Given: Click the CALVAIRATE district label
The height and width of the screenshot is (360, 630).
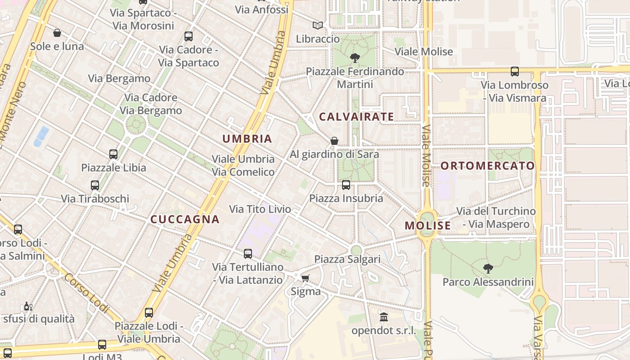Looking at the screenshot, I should coord(356,117).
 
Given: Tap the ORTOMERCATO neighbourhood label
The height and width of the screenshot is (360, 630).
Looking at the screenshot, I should coord(488,166).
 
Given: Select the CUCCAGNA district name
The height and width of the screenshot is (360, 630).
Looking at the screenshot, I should coord(185,220).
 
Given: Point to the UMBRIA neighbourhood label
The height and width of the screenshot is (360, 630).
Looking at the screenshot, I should coord(247,139).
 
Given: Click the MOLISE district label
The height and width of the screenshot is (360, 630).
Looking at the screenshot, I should coord(427,226).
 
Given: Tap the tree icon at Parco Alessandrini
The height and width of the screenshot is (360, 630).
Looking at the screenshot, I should coord(488,269).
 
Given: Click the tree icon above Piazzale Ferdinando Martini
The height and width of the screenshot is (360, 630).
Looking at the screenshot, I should coord(355,58).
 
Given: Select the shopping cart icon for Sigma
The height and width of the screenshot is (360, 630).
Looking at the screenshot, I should coord(306,279).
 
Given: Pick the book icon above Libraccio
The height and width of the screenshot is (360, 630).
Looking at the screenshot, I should coord(318,26).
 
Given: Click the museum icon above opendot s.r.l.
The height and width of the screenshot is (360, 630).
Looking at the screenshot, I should coord(384,318).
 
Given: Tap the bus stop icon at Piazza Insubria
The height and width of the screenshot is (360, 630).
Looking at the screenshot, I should coord(346,185).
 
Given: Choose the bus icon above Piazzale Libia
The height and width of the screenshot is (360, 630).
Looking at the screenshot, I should coord(113,154).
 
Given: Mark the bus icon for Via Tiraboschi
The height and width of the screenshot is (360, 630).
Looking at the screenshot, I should coord(95,185).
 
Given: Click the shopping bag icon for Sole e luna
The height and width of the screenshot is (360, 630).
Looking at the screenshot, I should coord(57,33).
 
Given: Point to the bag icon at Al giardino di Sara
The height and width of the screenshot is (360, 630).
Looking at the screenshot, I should coord(334,141).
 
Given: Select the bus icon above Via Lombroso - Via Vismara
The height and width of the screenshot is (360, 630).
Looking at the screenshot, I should coord(515,72).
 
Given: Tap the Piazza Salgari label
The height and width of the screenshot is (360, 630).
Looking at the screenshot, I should coord(347,259).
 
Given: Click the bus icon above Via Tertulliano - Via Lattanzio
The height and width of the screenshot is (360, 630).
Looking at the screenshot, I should coord(248,254).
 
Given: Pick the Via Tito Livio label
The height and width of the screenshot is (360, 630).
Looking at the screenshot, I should coord(260,209).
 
